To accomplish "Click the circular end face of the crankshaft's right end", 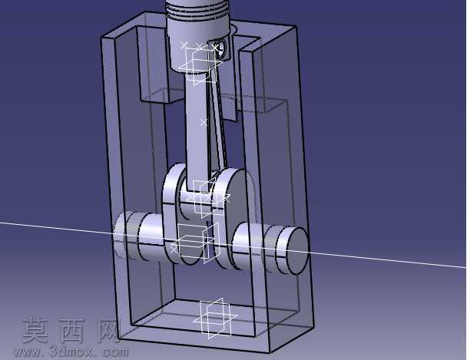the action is point(296,250).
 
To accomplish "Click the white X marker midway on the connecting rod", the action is point(204,122).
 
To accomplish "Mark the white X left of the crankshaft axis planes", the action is point(174,249).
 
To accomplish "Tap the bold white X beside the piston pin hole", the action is point(215,48).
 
